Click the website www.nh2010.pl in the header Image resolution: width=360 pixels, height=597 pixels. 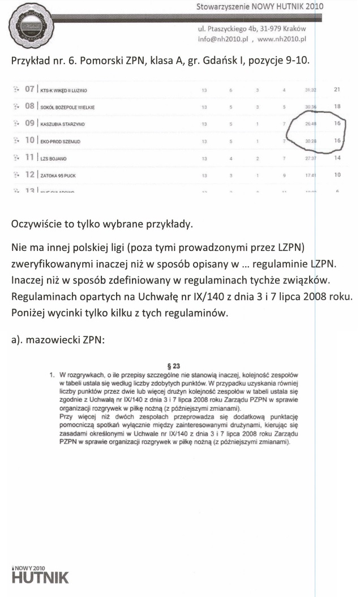[x=281, y=40]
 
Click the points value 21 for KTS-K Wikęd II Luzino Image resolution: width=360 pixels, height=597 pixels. [x=337, y=89]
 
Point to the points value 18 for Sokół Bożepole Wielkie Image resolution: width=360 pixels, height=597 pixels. [x=337, y=106]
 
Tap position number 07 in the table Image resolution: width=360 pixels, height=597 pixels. [x=29, y=89]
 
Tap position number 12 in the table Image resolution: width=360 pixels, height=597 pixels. [x=29, y=174]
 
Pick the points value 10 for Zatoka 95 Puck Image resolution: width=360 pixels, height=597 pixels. [x=337, y=174]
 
